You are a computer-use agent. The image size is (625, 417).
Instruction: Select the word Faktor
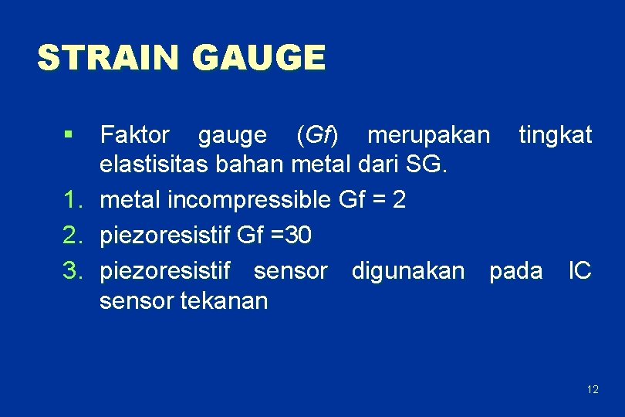click(x=135, y=135)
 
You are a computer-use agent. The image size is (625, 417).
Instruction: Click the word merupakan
click(x=428, y=135)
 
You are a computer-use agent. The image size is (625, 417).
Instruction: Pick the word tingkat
click(x=555, y=136)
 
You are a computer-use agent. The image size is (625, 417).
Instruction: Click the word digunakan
click(x=408, y=270)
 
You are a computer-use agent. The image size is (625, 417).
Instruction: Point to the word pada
click(x=515, y=270)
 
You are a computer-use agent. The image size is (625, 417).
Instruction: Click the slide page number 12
click(x=592, y=389)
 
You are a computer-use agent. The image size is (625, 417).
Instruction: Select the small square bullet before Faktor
click(x=70, y=136)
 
